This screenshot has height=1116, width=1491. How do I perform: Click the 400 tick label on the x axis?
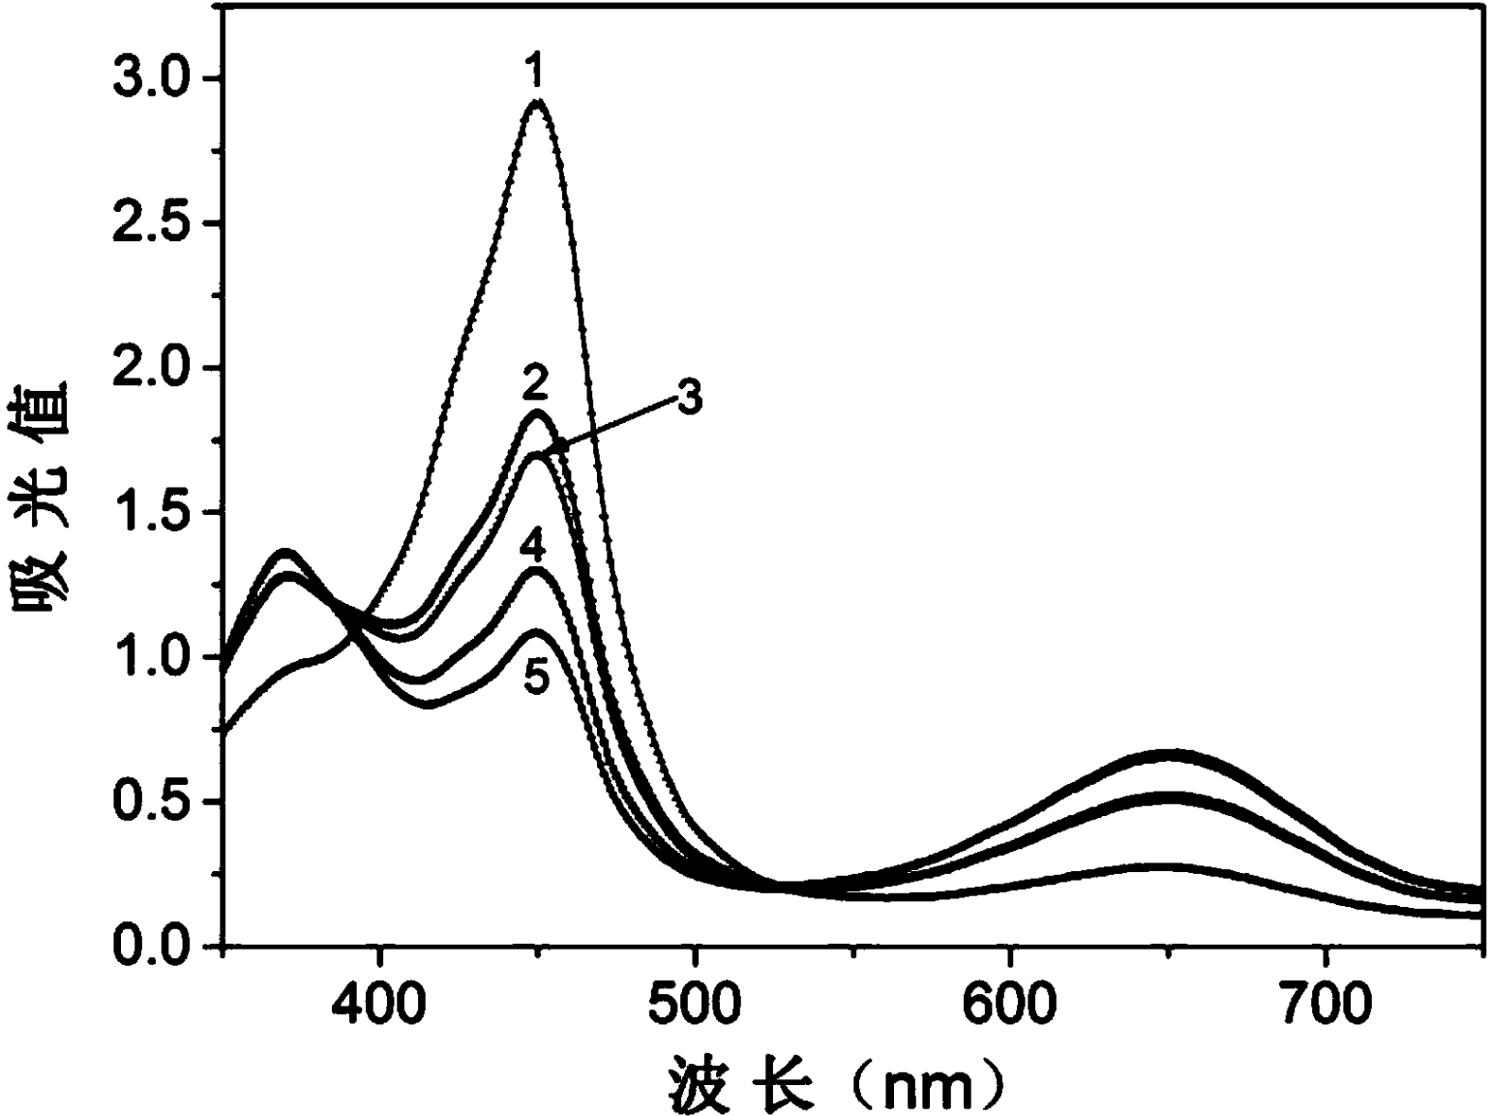click(x=380, y=1005)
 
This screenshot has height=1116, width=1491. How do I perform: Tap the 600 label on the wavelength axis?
click(x=1010, y=1005)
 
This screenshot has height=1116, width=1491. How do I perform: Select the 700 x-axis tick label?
click(x=1325, y=1005)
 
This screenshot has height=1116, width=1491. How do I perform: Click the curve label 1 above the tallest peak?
click(x=535, y=72)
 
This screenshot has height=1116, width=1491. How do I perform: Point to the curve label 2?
click(x=534, y=384)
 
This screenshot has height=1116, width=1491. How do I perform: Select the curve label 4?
click(x=532, y=548)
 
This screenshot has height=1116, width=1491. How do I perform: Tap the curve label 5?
click(x=536, y=678)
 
